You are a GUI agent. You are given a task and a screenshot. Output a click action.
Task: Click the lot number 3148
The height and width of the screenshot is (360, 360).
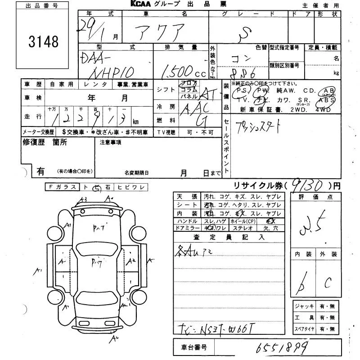44,42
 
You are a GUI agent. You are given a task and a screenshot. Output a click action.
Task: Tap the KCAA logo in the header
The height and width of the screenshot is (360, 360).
143,4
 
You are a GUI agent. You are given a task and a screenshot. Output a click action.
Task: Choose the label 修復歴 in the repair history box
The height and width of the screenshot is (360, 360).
32,142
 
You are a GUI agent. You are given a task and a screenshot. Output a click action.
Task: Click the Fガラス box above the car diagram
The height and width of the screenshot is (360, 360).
62,187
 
